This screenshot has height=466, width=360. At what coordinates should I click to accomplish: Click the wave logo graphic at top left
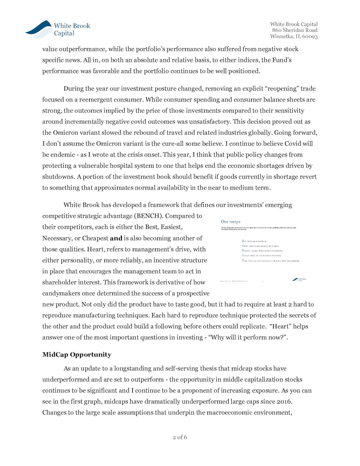pos(39,29)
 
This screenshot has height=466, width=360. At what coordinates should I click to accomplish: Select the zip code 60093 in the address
pos(310,37)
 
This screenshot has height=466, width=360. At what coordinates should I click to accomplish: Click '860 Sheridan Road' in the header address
pos(294,30)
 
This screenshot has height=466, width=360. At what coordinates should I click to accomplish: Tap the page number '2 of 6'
pos(180,437)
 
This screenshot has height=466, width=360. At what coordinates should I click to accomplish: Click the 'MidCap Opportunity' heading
pos(77,355)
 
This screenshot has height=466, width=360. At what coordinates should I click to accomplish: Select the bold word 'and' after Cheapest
pos(116,238)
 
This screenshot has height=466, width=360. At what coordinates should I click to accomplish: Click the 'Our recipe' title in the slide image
pos(231,222)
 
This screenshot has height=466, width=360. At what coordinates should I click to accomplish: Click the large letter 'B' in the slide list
pos(243,241)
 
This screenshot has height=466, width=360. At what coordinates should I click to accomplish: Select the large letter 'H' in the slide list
pos(243,261)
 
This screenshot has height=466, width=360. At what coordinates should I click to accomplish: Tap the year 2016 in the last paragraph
pos(284,402)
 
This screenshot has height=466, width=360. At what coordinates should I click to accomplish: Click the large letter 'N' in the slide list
pos(243,250)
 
